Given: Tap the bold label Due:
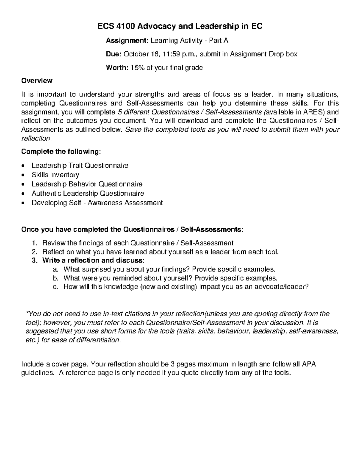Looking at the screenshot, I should click(x=113, y=54).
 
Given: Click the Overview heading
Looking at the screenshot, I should click(x=37, y=81).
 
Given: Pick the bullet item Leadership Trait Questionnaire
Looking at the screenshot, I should click(x=80, y=165).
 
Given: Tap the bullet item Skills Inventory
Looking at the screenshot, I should click(x=55, y=175).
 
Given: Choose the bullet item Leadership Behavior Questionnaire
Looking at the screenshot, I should click(x=87, y=184).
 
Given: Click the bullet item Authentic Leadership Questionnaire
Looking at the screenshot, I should click(x=88, y=193).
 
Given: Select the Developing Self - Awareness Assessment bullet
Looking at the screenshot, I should click(x=97, y=203).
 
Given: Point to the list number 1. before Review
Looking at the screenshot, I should click(x=34, y=243).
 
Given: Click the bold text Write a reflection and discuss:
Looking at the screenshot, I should click(x=94, y=260).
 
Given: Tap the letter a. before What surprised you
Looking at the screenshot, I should click(x=55, y=269).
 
